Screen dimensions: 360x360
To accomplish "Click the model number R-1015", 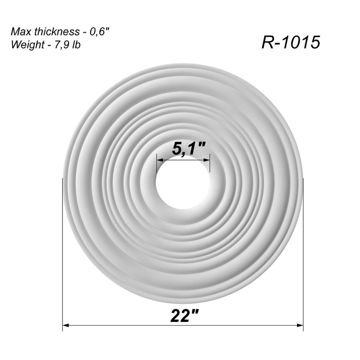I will (x=291, y=42).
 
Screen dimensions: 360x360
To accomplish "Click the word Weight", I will (x=25, y=44).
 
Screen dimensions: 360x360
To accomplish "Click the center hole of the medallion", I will (x=183, y=182).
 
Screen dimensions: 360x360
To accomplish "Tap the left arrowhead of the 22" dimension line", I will (x=66, y=325).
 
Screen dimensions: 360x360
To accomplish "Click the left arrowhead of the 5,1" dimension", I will (x=159, y=159).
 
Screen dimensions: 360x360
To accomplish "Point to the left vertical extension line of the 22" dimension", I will (x=63, y=254).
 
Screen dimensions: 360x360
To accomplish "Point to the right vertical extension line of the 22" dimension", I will (x=303, y=254).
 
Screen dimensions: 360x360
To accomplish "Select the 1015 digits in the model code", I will (x=302, y=42).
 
